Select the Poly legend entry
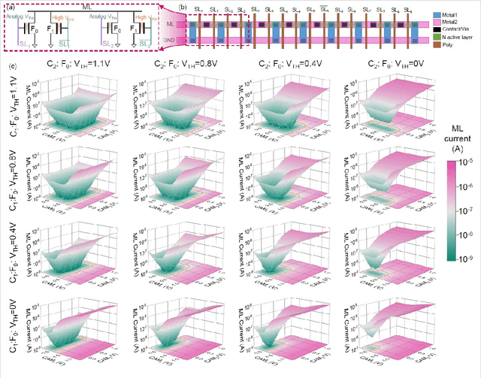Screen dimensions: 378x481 click(458, 44)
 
